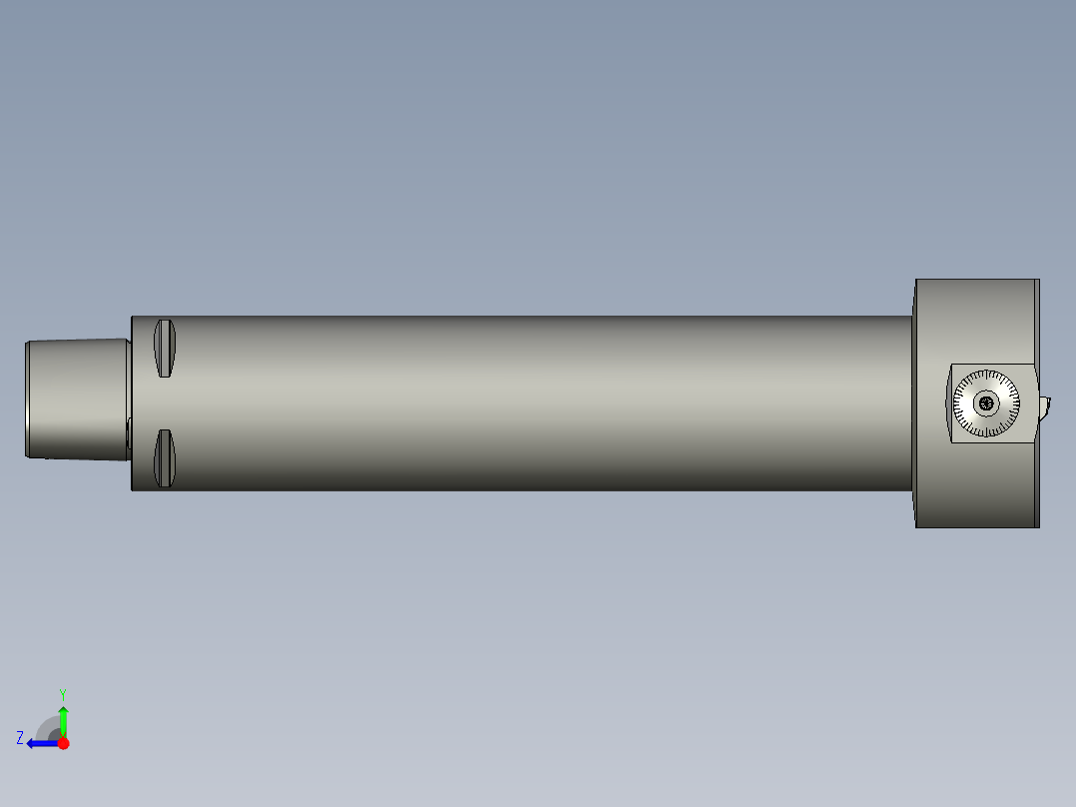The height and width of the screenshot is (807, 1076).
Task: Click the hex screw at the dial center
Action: [987, 403]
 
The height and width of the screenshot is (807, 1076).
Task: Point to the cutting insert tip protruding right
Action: [1045, 405]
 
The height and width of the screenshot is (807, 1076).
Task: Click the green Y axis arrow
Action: [63, 720]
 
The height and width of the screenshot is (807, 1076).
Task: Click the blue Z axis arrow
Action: [40, 743]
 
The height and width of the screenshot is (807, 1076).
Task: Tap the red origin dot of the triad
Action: [63, 743]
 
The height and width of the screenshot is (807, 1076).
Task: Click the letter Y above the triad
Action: [62, 693]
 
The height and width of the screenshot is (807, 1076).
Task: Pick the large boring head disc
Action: [973, 320]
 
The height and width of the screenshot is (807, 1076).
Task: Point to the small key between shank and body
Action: [129, 432]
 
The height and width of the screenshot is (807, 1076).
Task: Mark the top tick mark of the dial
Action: [987, 373]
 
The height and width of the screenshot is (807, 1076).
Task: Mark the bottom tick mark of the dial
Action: [987, 434]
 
